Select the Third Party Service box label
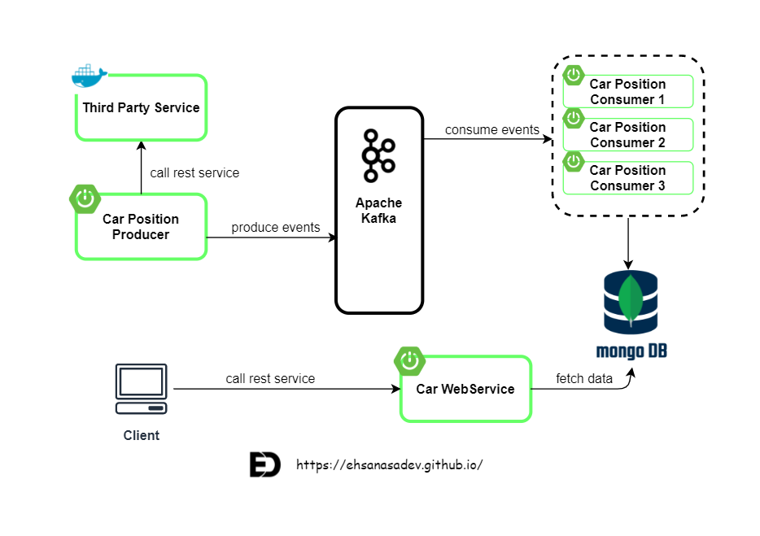click(141, 107)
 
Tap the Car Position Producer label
click(141, 227)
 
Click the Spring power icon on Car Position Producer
click(85, 198)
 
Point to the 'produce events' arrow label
click(275, 227)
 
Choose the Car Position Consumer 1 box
click(627, 92)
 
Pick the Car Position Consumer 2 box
click(627, 135)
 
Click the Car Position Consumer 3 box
click(627, 178)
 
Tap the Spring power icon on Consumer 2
click(574, 118)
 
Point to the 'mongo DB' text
click(631, 351)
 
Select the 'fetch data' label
click(583, 378)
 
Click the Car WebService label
click(465, 389)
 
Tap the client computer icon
click(141, 390)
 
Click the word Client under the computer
click(141, 435)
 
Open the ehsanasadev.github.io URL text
click(390, 465)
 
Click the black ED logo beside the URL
click(264, 465)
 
